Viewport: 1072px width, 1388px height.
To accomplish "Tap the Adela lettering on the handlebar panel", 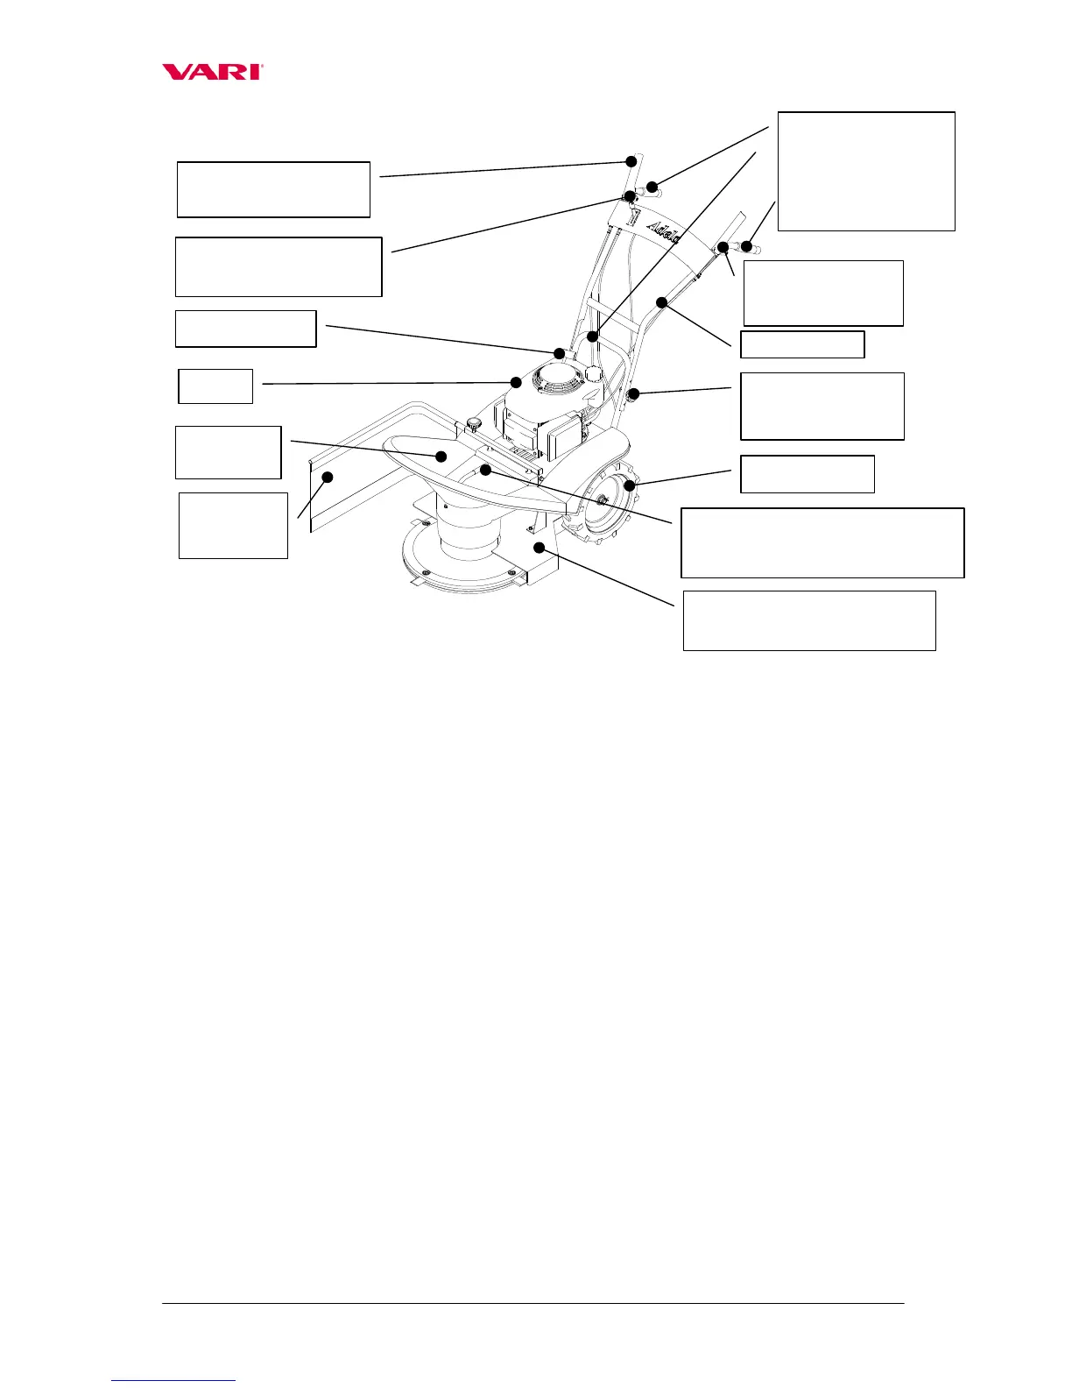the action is pos(667,229).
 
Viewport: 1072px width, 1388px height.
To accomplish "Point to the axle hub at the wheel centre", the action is pos(603,499).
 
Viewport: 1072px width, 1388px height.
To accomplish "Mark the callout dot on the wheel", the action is pos(628,485).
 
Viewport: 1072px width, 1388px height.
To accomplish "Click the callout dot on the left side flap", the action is pos(328,477).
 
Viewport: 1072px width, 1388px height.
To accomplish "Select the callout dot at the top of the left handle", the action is pos(631,161).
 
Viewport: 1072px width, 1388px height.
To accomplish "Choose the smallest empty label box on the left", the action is pos(215,386).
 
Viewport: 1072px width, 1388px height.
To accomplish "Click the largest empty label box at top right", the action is pos(866,171).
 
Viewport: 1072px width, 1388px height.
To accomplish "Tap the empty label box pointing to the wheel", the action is pos(808,474).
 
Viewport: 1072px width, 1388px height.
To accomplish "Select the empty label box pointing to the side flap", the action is pos(233,525).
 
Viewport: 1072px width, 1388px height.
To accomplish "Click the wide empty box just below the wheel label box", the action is pos(822,542).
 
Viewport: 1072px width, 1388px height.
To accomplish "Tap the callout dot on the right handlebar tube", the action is pos(663,303).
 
